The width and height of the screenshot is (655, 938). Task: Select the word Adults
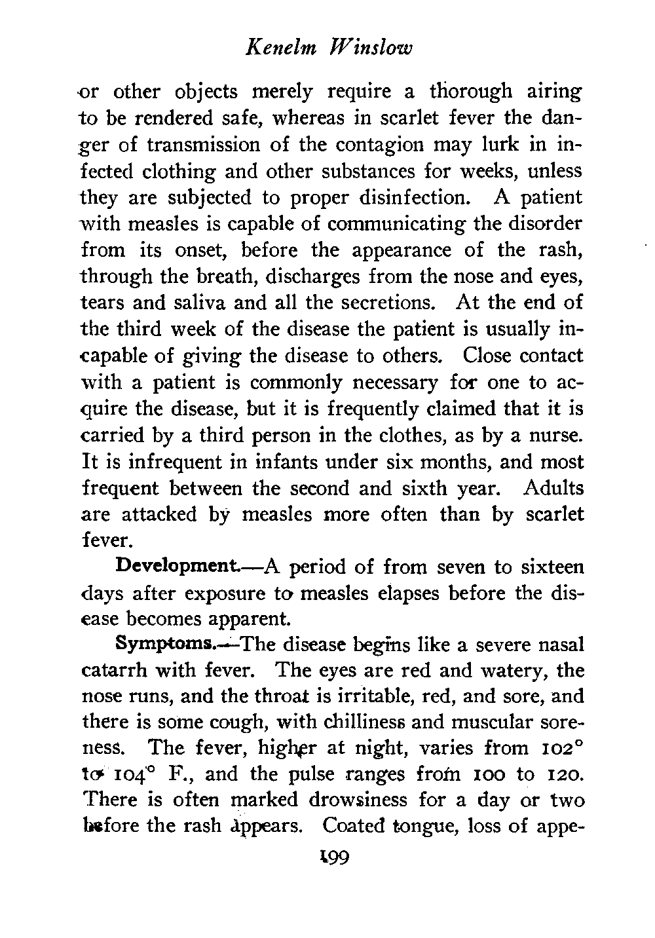click(553, 489)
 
